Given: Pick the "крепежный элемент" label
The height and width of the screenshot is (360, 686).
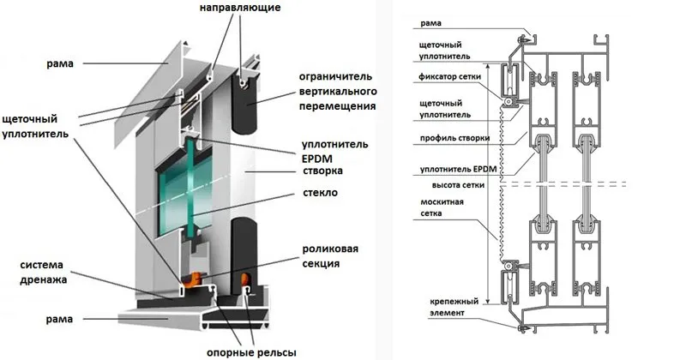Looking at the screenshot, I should pos(443,307).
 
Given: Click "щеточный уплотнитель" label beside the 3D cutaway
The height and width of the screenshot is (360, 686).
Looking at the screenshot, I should pos(35,128).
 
